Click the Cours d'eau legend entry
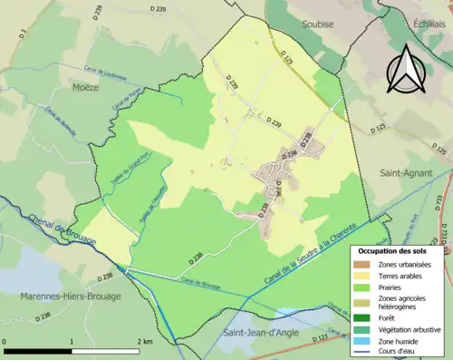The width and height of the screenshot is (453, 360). [400, 351]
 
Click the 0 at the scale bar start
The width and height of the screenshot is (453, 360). [5, 341]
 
